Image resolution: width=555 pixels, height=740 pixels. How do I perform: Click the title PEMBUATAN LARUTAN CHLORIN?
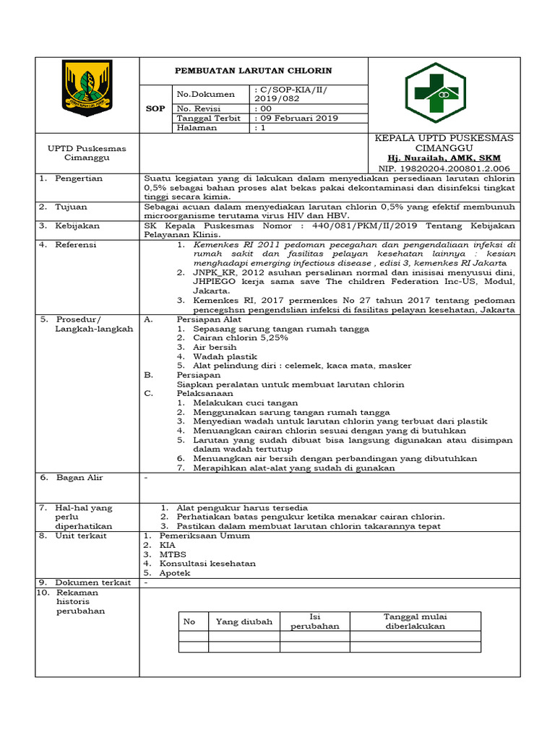(254, 71)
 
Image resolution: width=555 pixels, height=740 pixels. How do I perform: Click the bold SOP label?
(155, 108)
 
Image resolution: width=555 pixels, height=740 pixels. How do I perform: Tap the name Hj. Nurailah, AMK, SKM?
(444, 158)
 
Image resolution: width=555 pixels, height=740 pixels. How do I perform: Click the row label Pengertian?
(79, 178)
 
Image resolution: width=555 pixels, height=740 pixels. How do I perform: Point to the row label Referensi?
(77, 245)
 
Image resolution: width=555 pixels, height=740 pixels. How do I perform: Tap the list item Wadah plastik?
(225, 356)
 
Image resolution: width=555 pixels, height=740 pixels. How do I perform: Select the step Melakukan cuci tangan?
(246, 403)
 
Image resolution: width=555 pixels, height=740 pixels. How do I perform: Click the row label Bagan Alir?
(80, 478)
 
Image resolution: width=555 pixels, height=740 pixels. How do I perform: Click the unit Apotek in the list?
(175, 572)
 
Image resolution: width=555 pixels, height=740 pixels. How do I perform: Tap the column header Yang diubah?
(244, 621)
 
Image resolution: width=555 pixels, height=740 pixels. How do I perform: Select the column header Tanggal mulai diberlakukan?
(415, 621)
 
